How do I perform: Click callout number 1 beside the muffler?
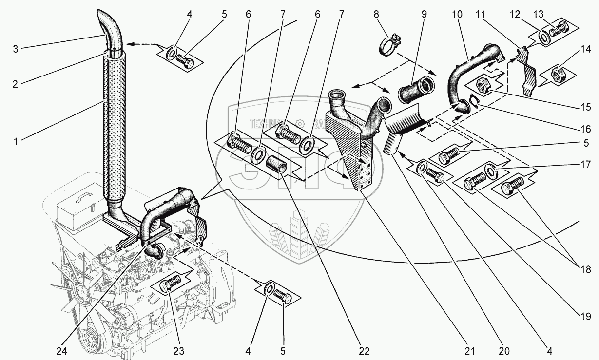pyautogui.click(x=16, y=142)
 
